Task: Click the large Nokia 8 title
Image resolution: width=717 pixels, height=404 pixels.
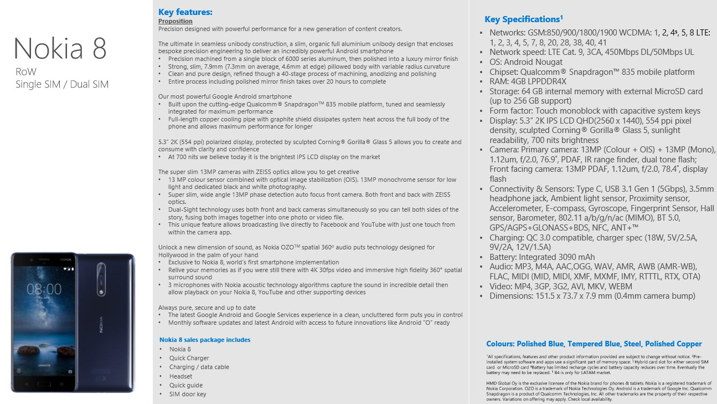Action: [60, 48]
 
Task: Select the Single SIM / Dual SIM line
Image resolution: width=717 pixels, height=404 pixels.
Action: [62, 84]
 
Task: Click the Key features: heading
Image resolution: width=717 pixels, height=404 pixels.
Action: [185, 12]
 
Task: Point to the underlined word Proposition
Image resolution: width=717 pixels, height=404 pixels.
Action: [176, 21]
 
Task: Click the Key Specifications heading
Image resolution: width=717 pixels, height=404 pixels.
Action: [523, 19]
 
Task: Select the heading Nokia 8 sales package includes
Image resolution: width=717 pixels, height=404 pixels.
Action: [205, 340]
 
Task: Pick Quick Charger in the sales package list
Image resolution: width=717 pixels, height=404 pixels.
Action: [189, 358]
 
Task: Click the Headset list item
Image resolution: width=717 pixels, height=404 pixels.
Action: [181, 376]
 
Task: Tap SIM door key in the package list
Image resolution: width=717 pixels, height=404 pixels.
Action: [188, 394]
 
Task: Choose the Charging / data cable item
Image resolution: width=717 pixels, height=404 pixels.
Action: [199, 367]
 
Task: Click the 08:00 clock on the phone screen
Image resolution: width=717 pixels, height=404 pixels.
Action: [44, 289]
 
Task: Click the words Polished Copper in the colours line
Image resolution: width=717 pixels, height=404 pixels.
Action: [673, 344]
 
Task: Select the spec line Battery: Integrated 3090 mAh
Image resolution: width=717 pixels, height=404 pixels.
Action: [542, 257]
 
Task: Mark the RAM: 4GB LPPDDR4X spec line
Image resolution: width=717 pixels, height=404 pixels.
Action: [532, 81]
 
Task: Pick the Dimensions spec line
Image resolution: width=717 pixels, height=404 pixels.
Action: [592, 296]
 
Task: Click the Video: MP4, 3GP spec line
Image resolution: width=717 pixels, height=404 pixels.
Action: [560, 286]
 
